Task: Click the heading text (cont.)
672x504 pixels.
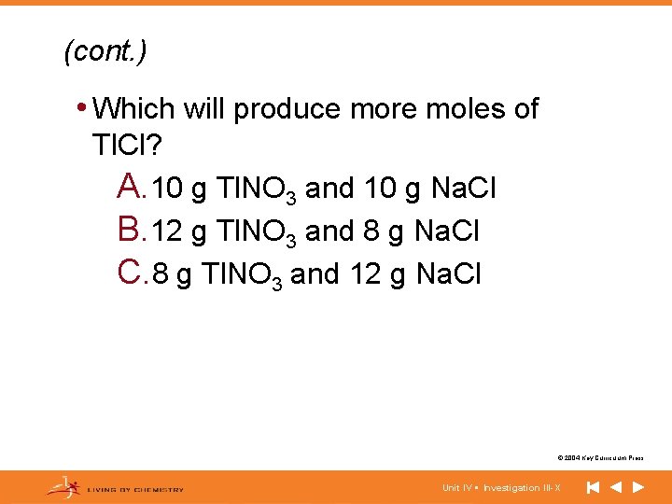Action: (x=105, y=52)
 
